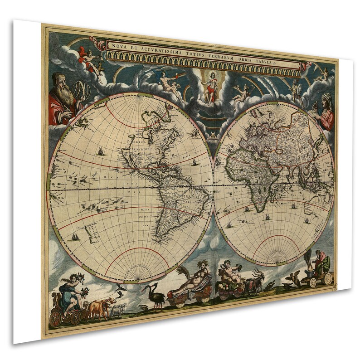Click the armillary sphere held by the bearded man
82,91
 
